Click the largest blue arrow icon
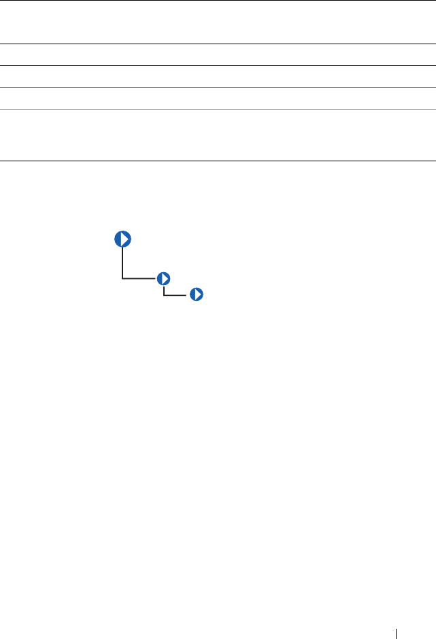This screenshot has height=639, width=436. point(122,240)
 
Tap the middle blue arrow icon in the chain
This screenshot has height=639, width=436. point(163,278)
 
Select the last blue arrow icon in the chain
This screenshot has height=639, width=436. point(197,295)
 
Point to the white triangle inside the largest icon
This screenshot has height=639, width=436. point(124,240)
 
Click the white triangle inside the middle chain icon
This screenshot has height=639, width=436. point(164,278)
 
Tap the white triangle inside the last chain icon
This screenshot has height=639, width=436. point(197,295)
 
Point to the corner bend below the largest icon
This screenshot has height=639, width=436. point(122,278)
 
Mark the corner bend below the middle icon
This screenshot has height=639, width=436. point(163,295)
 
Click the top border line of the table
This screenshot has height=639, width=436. point(218,1)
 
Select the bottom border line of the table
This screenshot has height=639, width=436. point(218,161)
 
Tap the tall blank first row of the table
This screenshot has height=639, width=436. point(218,22)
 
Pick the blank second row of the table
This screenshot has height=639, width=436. point(218,55)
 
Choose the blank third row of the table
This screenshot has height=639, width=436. point(218,76)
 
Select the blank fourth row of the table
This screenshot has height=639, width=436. point(218,98)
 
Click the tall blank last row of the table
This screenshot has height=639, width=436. point(218,135)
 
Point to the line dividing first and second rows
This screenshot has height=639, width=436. point(218,44)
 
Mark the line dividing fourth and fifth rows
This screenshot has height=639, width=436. point(218,109)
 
